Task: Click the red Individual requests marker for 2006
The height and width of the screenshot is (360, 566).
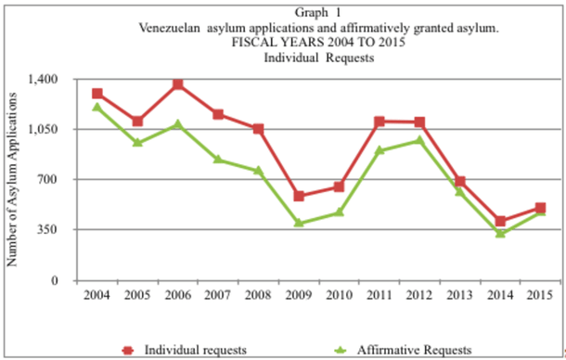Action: click(x=177, y=84)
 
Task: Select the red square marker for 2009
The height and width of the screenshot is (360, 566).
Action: click(x=299, y=196)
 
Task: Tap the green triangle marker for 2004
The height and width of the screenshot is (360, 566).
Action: click(x=96, y=107)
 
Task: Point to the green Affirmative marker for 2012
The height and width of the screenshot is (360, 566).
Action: click(x=419, y=141)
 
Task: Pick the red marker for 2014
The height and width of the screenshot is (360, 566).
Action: click(x=500, y=222)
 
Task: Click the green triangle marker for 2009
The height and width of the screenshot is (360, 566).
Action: click(x=299, y=223)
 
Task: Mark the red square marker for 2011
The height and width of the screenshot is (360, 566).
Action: click(x=379, y=122)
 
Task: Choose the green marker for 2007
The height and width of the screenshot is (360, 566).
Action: click(x=218, y=159)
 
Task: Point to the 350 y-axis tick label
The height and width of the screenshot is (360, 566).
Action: click(x=48, y=230)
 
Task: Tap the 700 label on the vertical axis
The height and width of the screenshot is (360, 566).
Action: click(x=48, y=180)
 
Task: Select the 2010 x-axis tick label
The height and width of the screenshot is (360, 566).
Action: click(x=339, y=295)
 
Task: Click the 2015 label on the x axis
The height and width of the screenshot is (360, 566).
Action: click(x=540, y=295)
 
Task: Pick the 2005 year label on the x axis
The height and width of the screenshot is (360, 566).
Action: click(x=137, y=295)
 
